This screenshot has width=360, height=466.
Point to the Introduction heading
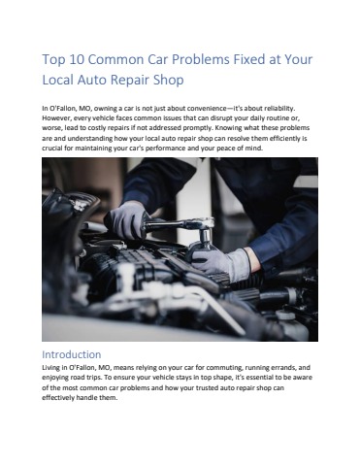72,354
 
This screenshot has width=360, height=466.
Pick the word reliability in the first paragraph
279,108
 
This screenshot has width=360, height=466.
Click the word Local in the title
58,80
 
